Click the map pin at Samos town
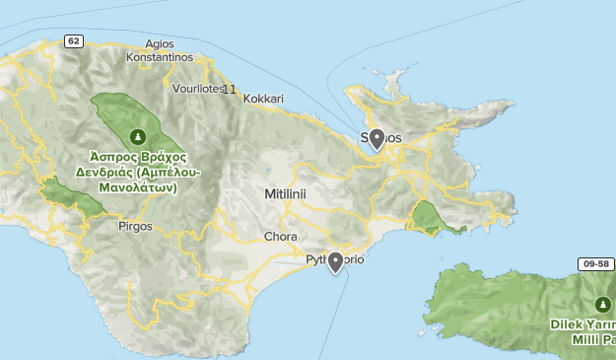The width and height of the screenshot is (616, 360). [376, 139]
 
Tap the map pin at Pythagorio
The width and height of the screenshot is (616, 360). [335, 261]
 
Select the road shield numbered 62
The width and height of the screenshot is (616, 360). [74, 40]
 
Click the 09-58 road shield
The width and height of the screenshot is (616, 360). [595, 264]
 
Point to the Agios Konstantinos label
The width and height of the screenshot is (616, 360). [159, 50]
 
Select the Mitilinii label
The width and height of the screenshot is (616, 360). [286, 194]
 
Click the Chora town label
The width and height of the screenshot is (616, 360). [281, 237]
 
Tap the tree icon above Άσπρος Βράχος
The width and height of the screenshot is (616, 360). [138, 136]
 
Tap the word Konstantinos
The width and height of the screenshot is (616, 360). [159, 57]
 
